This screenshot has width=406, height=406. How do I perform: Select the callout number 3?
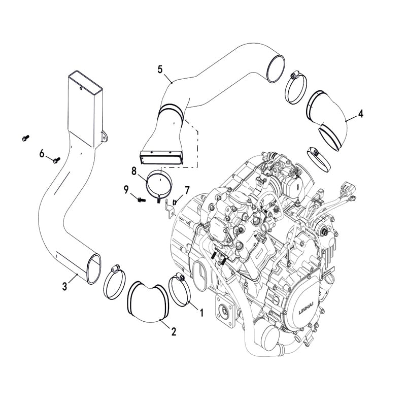click(x=65, y=287)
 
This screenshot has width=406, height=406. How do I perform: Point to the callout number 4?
click(x=360, y=114)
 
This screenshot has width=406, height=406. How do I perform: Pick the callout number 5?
click(x=160, y=70)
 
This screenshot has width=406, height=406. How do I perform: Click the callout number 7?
click(x=187, y=190)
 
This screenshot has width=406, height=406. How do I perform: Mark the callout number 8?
click(x=134, y=171)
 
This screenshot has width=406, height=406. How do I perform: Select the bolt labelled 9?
click(x=142, y=199)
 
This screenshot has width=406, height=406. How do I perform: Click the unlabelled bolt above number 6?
click(x=26, y=138)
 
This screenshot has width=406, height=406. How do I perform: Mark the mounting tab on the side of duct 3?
click(x=105, y=137)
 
